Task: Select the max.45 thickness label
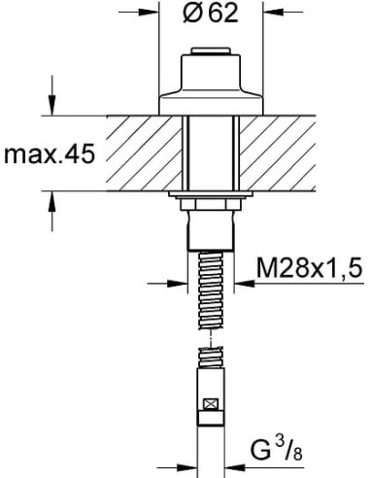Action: (x=49, y=154)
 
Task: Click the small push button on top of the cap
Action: (x=212, y=54)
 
